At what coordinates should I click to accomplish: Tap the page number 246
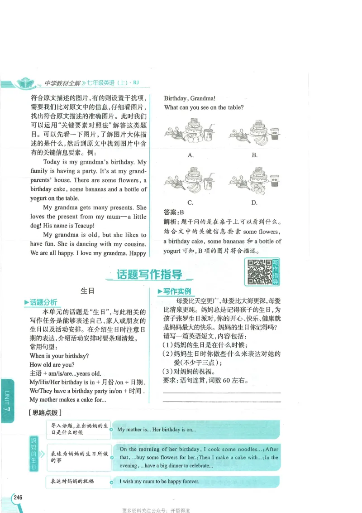[18, 498]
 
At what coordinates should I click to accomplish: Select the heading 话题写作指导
[149, 275]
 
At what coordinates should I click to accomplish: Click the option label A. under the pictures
[191, 155]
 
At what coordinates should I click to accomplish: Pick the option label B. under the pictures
[255, 155]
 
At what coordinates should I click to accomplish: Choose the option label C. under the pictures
[191, 203]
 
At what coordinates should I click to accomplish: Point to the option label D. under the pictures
[254, 203]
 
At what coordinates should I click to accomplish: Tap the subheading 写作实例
[177, 291]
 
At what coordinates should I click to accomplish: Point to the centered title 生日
[87, 291]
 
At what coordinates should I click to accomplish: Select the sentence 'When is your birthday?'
[59, 356]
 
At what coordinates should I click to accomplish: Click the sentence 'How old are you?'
[52, 365]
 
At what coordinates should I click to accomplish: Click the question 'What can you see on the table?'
[204, 108]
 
